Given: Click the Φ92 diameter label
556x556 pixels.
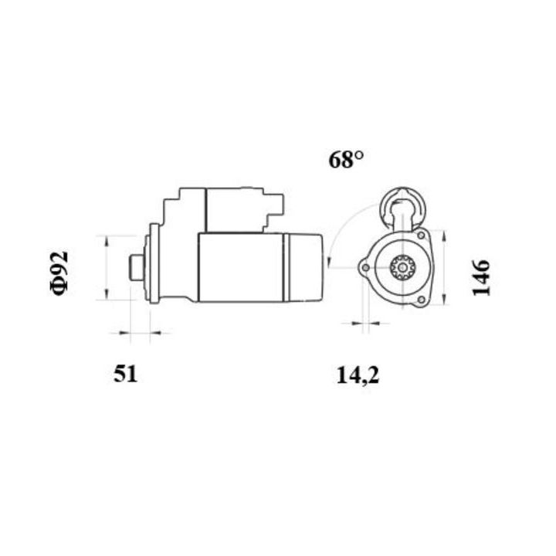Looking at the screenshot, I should (59, 273).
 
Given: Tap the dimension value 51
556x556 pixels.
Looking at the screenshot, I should (126, 375).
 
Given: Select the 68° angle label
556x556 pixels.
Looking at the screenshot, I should (346, 161).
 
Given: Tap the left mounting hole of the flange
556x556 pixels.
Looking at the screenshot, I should (364, 268).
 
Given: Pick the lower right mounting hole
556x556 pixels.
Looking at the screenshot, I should (421, 300).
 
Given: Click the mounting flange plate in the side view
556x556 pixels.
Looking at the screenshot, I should (154, 263).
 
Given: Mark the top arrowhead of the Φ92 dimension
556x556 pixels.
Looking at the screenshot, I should (107, 238).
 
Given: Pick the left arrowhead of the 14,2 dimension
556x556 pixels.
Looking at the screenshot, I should (355, 324).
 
